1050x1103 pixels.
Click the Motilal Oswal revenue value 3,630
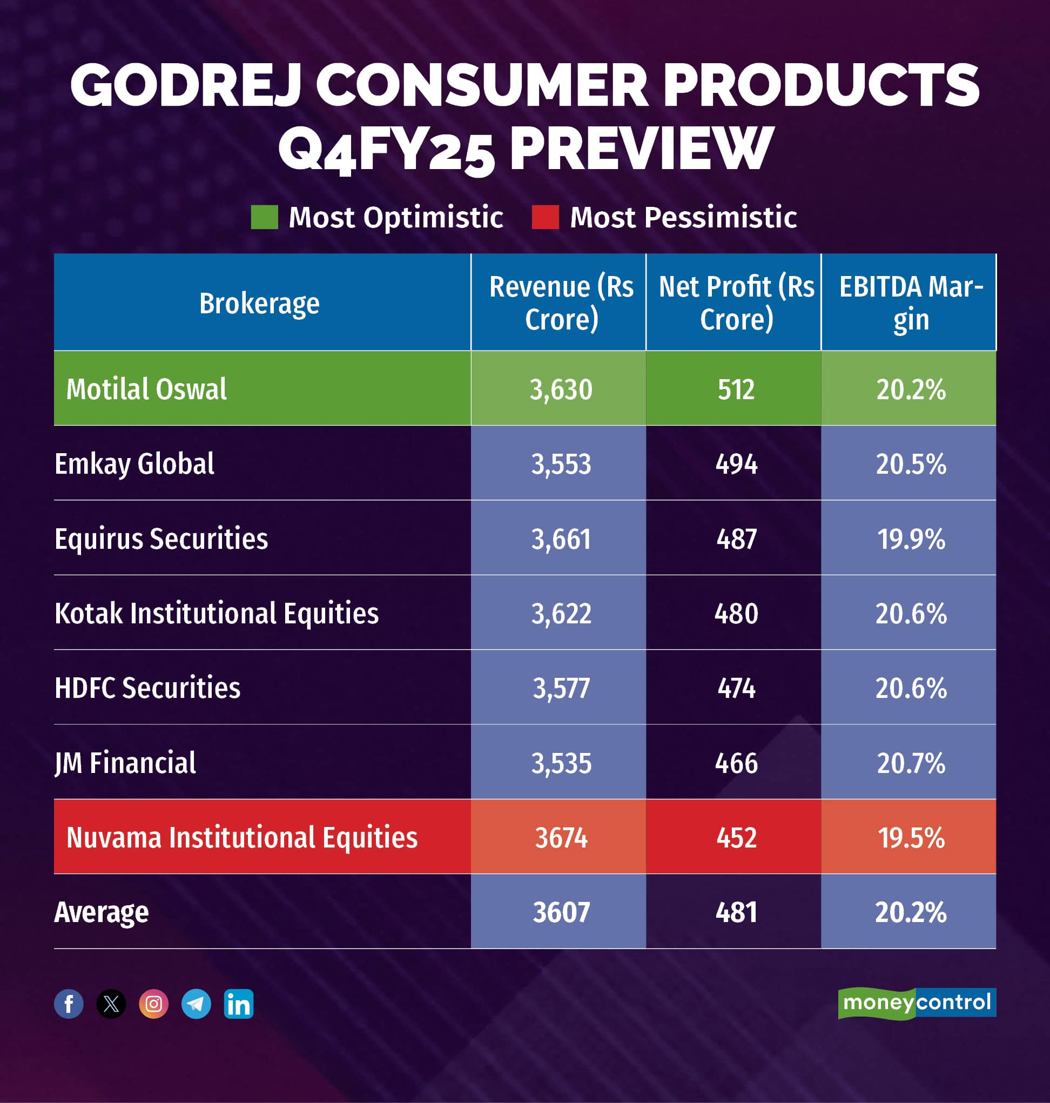561,389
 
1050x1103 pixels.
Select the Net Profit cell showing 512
736,389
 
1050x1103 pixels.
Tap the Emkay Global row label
134,464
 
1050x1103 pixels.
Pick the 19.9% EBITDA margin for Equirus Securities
911,539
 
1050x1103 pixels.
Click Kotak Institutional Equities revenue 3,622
561,613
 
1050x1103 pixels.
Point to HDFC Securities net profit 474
736,688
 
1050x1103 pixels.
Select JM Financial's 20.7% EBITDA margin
911,763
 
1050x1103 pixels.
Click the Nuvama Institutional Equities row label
242,838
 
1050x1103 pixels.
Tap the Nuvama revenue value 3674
561,838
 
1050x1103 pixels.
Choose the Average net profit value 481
736,912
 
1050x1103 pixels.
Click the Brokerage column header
259,304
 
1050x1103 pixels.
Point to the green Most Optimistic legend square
264,217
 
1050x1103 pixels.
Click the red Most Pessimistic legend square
545,217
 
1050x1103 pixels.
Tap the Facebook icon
69,1004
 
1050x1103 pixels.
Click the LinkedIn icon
238,1004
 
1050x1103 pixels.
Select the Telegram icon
196,1004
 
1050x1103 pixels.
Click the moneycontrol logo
916,1003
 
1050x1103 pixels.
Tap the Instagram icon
153,1004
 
